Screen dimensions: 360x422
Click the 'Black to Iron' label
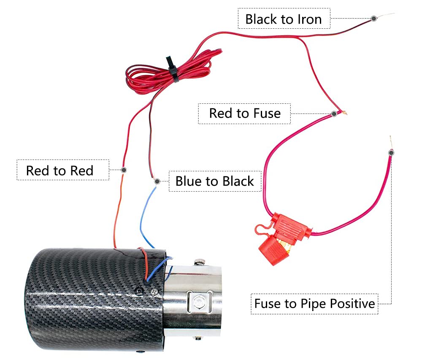coord(283,19)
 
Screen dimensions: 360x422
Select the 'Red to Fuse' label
coord(244,113)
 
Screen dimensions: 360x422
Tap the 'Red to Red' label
coord(60,171)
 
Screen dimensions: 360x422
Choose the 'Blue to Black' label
coord(214,181)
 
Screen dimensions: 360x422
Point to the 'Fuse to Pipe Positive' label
coord(314,303)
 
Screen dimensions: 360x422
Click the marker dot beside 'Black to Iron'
coord(373,18)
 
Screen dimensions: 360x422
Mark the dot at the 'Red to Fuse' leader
coord(334,114)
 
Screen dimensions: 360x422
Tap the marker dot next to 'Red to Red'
coord(124,170)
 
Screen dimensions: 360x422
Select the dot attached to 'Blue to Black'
coord(157,181)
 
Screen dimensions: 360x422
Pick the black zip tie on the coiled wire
coord(172,68)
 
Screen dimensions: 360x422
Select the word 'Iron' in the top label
coord(309,19)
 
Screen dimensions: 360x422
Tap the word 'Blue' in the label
coord(189,181)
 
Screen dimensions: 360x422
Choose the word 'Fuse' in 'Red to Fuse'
coord(266,113)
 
